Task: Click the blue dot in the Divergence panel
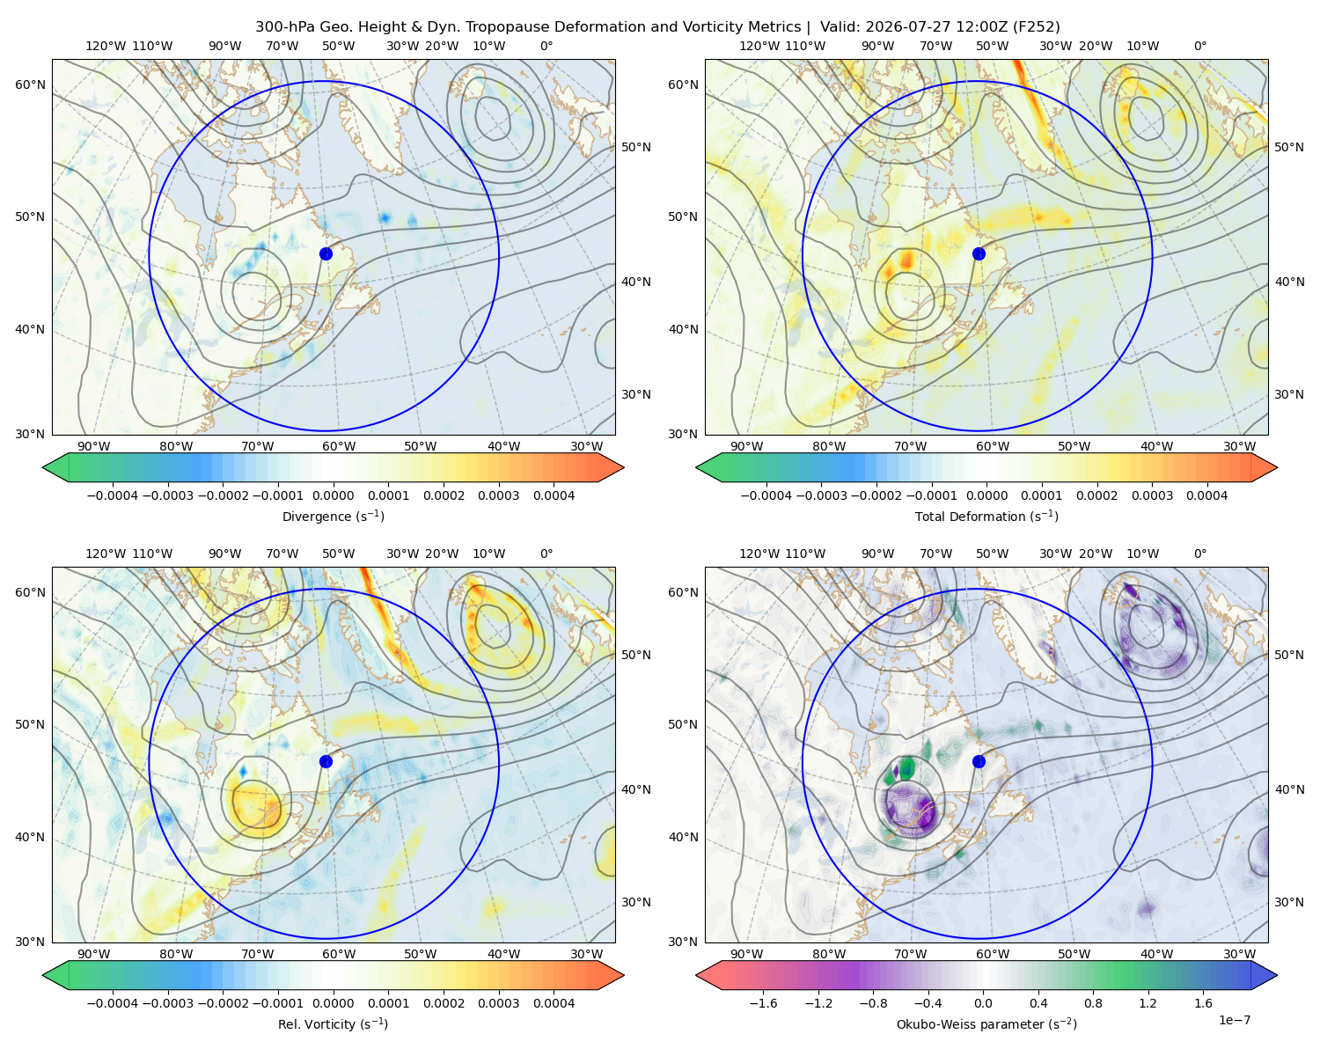pyautogui.click(x=326, y=253)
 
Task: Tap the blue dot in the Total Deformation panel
pyautogui.click(x=979, y=253)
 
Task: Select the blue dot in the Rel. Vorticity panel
pyautogui.click(x=326, y=761)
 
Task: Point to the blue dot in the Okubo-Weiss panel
pyautogui.click(x=979, y=761)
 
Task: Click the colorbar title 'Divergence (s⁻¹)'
pyautogui.click(x=333, y=516)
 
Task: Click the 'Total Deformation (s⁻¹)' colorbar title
pyautogui.click(x=986, y=516)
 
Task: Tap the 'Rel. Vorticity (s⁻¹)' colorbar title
pyautogui.click(x=333, y=1023)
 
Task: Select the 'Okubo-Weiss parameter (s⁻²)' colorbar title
pyautogui.click(x=986, y=1023)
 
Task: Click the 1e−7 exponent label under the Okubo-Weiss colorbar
pyautogui.click(x=1234, y=1020)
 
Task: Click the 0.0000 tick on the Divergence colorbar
pyautogui.click(x=333, y=495)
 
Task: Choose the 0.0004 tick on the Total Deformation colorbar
pyautogui.click(x=1207, y=495)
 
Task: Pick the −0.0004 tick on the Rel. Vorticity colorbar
pyautogui.click(x=113, y=1003)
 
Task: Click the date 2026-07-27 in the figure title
pyautogui.click(x=898, y=27)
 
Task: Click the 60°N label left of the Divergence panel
pyautogui.click(x=30, y=84)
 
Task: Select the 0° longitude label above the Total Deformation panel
pyautogui.click(x=1200, y=46)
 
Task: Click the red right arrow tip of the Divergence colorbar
pyautogui.click(x=623, y=467)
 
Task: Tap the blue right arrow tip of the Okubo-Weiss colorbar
pyautogui.click(x=1277, y=975)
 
